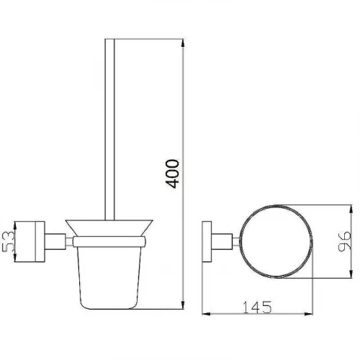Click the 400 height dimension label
pos(172,174)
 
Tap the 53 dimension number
pos(8,241)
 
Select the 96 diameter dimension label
pos(344,241)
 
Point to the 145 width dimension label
pos(257,307)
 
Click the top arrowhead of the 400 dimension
pos(183,43)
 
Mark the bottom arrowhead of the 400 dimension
pos(183,305)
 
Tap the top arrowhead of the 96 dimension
pos(351,210)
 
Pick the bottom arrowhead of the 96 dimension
pos(351,274)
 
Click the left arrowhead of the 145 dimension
pos(207,314)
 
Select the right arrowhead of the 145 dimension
pos(309,314)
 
